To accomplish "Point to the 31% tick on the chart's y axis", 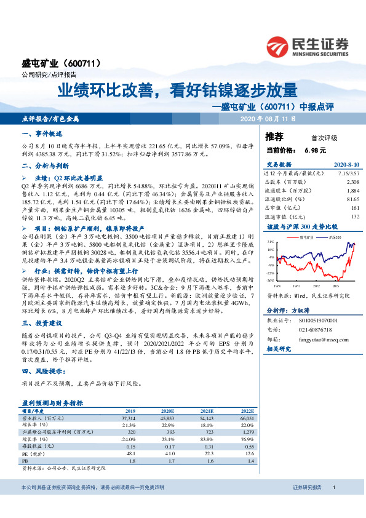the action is [270, 243].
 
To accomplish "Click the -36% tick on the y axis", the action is [269, 281].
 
